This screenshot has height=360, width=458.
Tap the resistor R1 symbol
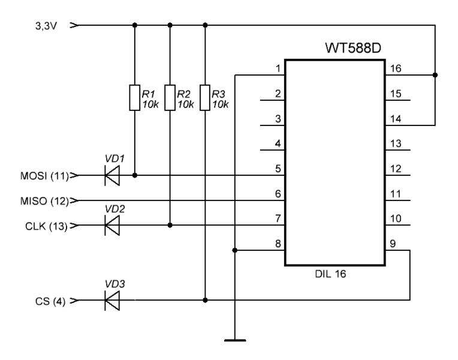coord(134,98)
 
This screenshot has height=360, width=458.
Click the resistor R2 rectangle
coord(170,98)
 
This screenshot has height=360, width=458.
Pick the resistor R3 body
coord(206,98)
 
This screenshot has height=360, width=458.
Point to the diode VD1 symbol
coord(112,176)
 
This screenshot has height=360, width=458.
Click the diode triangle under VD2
coord(112,226)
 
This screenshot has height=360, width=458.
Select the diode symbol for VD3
coord(112,300)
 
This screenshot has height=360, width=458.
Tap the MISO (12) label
coord(44,200)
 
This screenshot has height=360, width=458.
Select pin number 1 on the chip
coord(278,68)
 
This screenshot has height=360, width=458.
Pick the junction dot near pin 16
coord(435,75)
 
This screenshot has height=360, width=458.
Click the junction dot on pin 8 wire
coord(236,250)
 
